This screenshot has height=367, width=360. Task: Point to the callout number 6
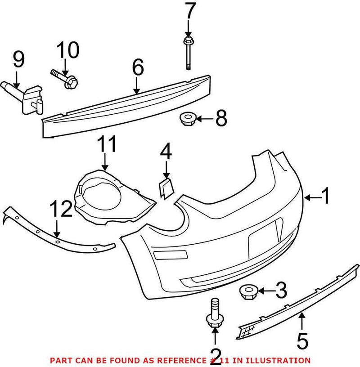(x=137, y=68)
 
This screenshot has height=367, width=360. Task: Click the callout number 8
(x=221, y=119)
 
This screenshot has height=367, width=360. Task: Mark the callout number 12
(x=60, y=210)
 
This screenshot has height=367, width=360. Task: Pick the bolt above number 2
(x=214, y=313)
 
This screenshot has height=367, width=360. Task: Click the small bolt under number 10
(x=66, y=78)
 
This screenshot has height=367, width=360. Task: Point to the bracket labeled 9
(x=27, y=94)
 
